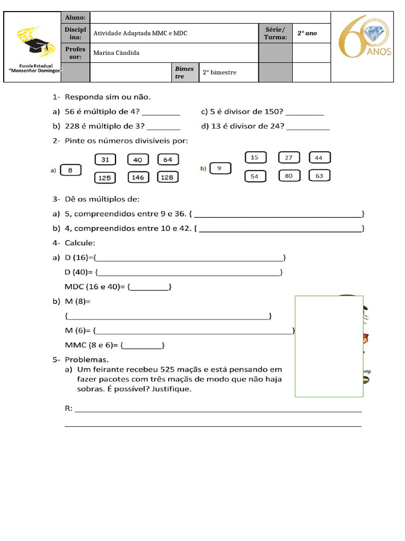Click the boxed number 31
point(105,160)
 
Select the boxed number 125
point(105,178)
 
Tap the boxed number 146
point(138,178)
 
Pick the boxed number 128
point(167,178)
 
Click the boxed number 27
point(288,157)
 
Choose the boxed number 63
point(319,176)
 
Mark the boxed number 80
point(288,176)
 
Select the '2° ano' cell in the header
point(307,33)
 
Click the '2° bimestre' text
point(219,72)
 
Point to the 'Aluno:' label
point(75,18)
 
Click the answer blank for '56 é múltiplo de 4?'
point(161,113)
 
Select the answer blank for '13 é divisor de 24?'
point(308,126)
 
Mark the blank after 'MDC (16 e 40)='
point(149,287)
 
